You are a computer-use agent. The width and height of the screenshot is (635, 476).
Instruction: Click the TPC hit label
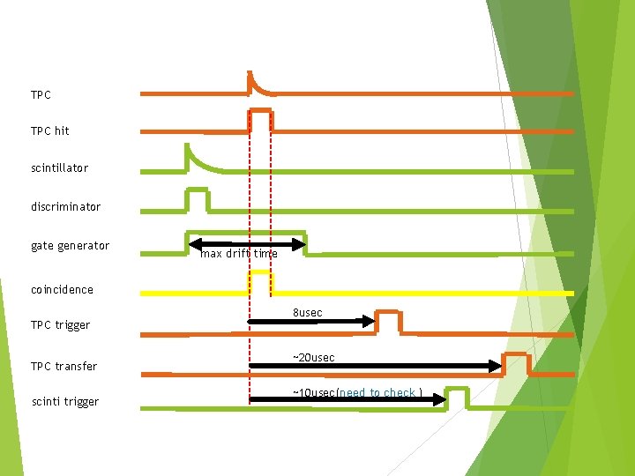click(49, 130)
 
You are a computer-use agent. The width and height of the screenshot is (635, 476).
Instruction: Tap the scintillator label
click(59, 167)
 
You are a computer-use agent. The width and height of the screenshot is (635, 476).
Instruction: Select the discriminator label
click(65, 207)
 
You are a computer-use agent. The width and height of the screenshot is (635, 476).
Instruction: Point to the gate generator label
click(70, 246)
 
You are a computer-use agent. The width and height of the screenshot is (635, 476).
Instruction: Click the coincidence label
click(62, 289)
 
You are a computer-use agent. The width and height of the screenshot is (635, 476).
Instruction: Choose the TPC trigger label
click(60, 325)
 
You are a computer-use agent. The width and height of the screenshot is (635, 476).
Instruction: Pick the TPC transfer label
click(63, 367)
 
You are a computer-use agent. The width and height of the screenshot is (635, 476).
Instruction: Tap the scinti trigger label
click(64, 402)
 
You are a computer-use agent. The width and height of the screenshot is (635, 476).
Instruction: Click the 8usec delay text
click(307, 313)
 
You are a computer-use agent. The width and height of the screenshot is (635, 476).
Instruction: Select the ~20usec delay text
click(313, 358)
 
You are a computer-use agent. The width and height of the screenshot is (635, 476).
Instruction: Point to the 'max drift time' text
click(238, 254)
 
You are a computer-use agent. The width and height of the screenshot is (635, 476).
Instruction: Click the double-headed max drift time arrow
click(247, 242)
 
